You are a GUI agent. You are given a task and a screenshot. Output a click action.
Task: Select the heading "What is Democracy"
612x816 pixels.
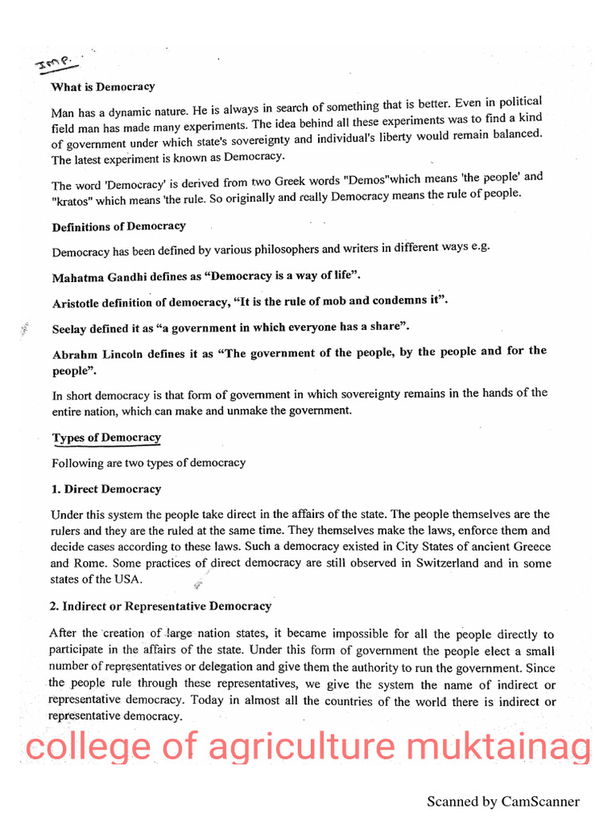coord(103,87)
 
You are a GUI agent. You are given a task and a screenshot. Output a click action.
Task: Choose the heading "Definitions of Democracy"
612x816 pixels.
coord(119,227)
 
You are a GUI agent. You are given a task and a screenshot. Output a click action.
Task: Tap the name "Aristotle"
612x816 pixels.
coord(78,304)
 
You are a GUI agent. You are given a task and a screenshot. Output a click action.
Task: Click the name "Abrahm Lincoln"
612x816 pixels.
coord(95,355)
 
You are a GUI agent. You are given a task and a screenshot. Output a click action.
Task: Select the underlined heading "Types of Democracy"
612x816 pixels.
coord(106,437)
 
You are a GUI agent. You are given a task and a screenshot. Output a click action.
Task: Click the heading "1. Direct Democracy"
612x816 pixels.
coord(106,489)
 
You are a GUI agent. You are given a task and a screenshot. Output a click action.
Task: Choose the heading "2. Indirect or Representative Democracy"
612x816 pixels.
coord(160,606)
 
